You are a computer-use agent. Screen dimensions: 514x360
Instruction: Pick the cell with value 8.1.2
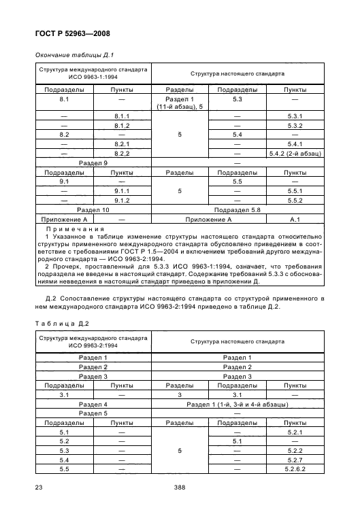point(122,125)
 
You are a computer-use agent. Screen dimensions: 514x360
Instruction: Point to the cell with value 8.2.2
point(122,154)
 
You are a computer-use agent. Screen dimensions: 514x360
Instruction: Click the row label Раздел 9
point(93,163)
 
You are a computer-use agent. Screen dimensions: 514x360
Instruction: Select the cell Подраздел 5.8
point(237,210)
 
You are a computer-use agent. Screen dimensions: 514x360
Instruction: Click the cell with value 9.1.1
point(122,191)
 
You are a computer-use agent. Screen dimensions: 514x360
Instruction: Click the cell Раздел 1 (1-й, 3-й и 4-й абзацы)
point(237,404)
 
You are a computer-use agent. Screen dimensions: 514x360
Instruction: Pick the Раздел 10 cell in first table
point(93,210)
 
